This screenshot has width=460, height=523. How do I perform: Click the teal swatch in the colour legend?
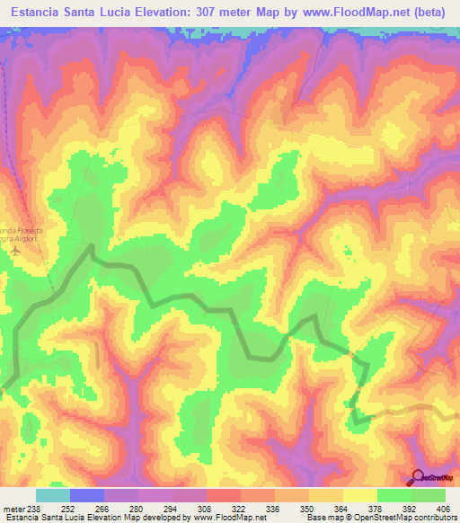point(52,494)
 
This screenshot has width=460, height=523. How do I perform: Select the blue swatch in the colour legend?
point(86,494)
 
